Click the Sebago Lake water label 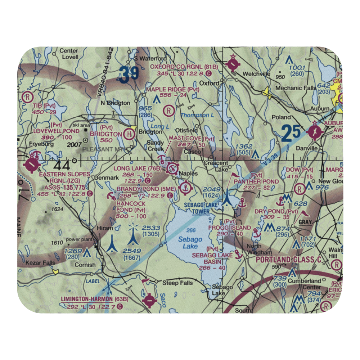click(x=190, y=243)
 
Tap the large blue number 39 click(x=129, y=75)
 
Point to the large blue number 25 click(x=291, y=133)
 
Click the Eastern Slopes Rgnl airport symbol click(x=33, y=165)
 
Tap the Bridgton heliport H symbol click(x=129, y=134)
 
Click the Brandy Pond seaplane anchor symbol click(x=186, y=187)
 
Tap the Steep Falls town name click(x=177, y=283)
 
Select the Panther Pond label click(x=256, y=181)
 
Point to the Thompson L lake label click(x=195, y=115)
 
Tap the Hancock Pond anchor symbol click(x=111, y=196)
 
